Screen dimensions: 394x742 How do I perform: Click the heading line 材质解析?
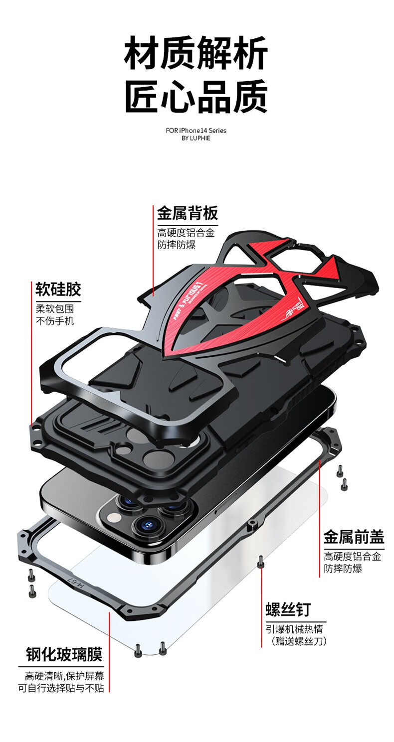196,53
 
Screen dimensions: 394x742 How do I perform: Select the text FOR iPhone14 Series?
196,131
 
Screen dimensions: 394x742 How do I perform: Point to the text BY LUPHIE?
196,138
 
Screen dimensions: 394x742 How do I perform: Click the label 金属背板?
188,213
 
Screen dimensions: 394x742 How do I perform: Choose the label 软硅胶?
58,289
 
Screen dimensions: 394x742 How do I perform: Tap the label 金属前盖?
354,537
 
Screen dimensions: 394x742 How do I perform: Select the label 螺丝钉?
288,609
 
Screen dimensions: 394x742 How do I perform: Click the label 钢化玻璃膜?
64,654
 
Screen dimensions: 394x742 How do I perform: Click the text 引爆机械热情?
294,629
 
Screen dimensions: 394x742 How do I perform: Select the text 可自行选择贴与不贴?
61,688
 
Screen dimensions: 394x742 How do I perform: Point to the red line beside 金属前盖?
319,518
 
